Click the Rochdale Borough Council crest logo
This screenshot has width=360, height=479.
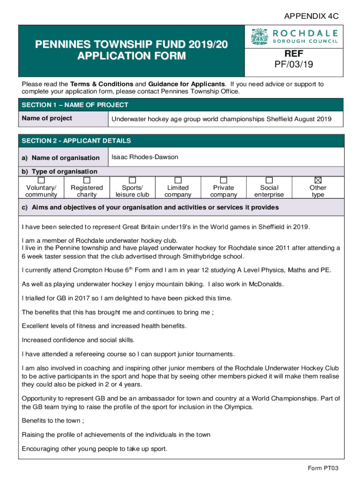click(x=259, y=36)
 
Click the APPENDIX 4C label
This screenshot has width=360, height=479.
click(x=311, y=16)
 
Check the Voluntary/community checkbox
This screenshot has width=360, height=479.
click(x=42, y=180)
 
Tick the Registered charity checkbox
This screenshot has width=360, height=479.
click(x=86, y=180)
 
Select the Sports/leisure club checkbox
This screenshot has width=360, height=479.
click(x=132, y=180)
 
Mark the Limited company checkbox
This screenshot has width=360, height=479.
click(x=178, y=180)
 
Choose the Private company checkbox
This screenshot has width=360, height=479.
click(x=223, y=180)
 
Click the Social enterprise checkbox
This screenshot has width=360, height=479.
click(x=269, y=180)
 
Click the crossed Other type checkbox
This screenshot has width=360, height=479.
click(x=318, y=180)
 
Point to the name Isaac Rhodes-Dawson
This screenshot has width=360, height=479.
click(x=144, y=157)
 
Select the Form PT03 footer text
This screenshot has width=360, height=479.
click(x=323, y=468)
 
